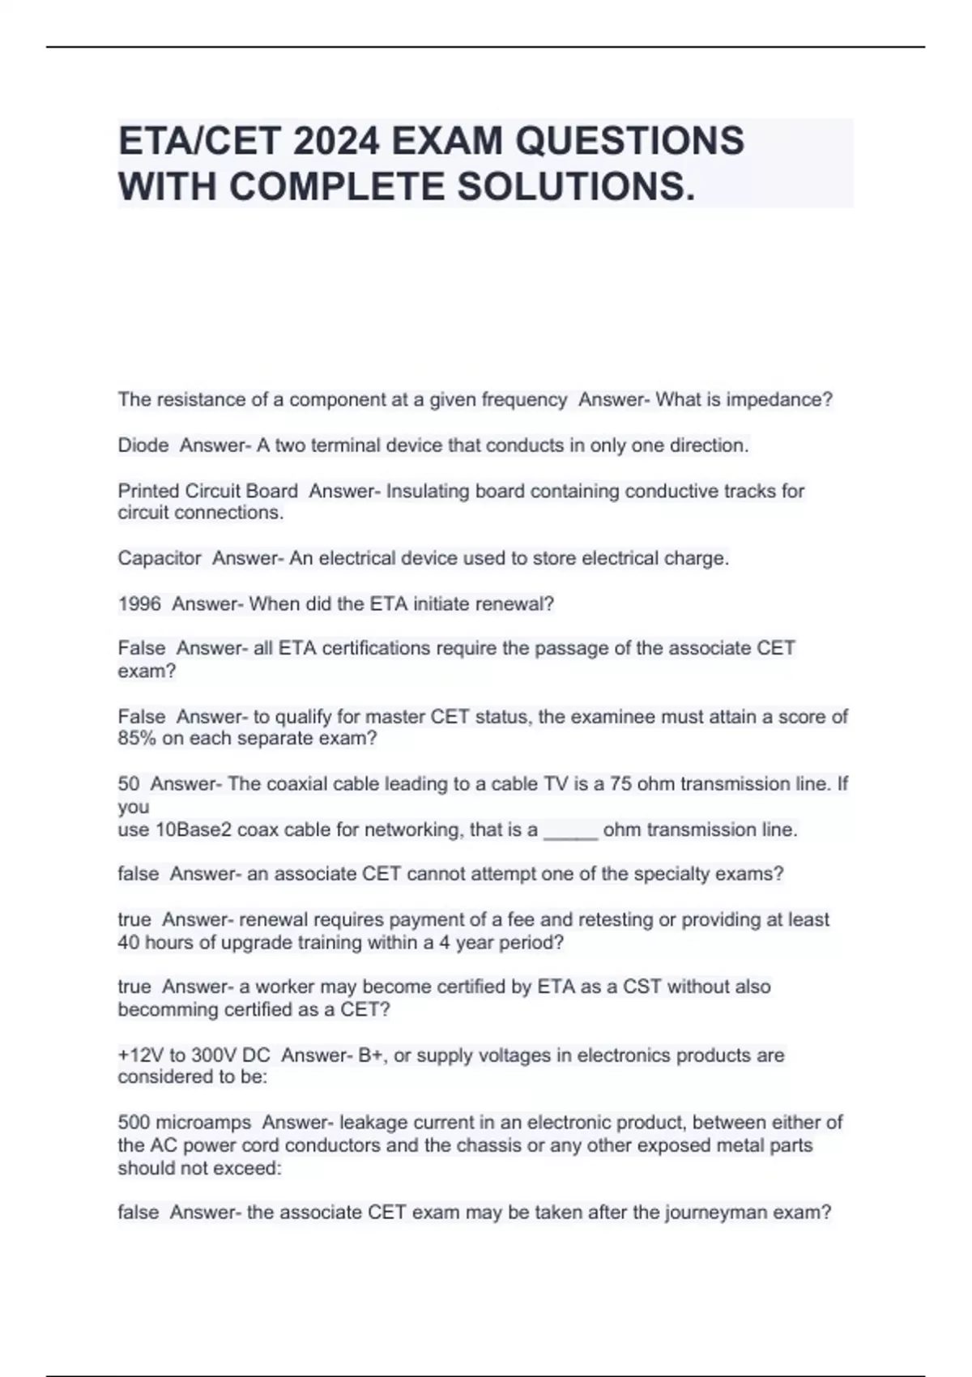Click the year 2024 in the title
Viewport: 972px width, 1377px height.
336,141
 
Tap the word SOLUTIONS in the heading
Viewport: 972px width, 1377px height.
576,187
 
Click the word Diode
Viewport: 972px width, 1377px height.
143,445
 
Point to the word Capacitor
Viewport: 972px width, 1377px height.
160,558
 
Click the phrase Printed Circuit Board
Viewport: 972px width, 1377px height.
207,491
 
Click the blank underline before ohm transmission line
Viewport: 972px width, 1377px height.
570,831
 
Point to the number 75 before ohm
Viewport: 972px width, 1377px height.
621,784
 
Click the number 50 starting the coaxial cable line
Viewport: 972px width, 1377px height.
129,784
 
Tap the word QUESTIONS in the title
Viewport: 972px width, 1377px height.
629,141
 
